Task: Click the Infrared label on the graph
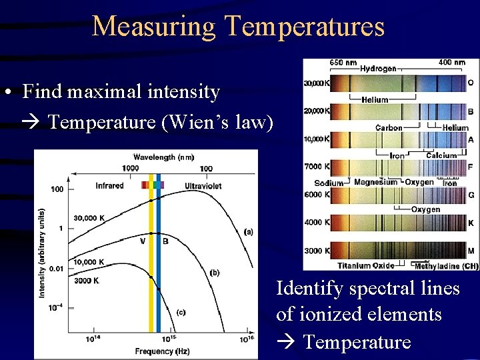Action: coord(109,185)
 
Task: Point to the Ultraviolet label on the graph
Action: coord(203,185)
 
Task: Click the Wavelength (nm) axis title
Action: coord(163,157)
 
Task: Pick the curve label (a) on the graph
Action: coord(248,232)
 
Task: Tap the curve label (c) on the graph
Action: coord(181,311)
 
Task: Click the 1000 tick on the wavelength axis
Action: coord(131,169)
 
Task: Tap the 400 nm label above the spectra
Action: coord(451,63)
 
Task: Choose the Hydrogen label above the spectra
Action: coord(378,68)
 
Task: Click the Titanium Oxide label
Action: coord(366,266)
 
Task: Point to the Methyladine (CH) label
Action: coord(446,267)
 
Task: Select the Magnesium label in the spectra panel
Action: coord(375,182)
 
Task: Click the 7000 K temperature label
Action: coord(317,166)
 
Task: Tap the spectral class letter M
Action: coord(471,251)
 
